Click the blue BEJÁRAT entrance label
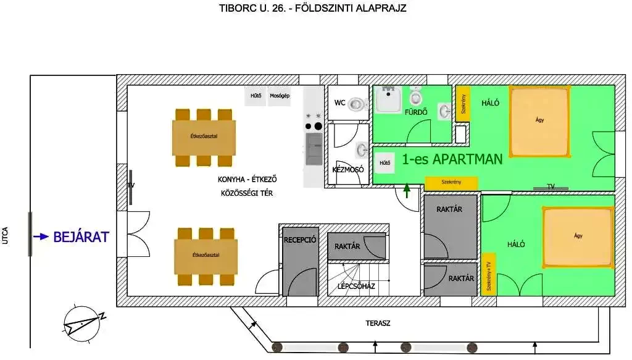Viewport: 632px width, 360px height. click(x=81, y=237)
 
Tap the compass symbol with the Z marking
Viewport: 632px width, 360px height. click(x=82, y=324)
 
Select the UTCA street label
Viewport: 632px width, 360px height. click(x=5, y=236)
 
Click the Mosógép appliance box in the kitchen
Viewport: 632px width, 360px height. click(x=280, y=96)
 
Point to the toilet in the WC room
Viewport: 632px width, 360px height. click(x=357, y=104)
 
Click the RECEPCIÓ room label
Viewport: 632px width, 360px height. click(x=300, y=240)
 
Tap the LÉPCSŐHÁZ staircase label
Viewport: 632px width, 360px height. click(x=356, y=287)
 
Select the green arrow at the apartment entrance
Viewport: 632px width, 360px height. click(x=407, y=190)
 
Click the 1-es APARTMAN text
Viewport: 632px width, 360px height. click(x=452, y=159)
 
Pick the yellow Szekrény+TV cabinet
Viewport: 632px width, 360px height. click(x=489, y=274)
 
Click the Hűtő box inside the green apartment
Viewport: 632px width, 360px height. click(x=385, y=163)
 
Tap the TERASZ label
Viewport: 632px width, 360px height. click(x=378, y=324)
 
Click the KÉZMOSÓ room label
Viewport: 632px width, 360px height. click(x=348, y=170)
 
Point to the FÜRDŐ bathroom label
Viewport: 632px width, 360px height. click(x=416, y=112)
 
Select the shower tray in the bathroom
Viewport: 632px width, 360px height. click(x=388, y=99)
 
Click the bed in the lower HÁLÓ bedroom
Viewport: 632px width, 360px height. click(x=578, y=237)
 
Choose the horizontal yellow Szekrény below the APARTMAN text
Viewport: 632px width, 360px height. click(x=451, y=183)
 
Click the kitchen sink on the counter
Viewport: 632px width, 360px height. click(x=314, y=149)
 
